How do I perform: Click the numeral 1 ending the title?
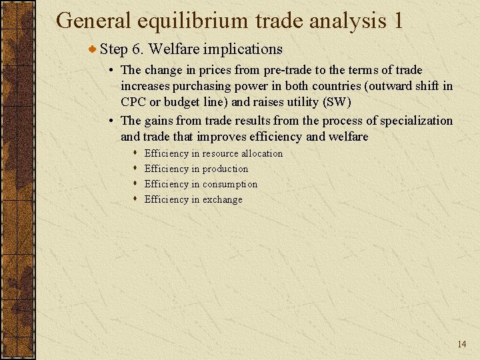397,21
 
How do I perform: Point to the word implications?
244,49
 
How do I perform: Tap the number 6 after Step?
136,49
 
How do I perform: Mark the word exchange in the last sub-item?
222,199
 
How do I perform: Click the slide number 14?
462,344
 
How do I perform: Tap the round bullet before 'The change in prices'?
112,70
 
